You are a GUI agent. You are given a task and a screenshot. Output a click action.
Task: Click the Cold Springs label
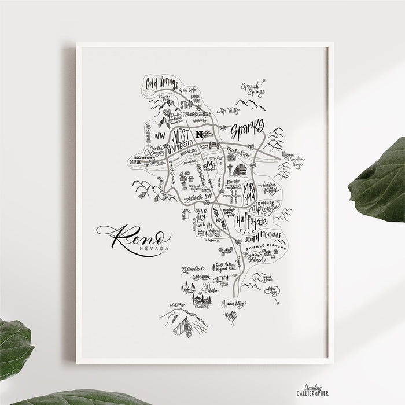[160, 81]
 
